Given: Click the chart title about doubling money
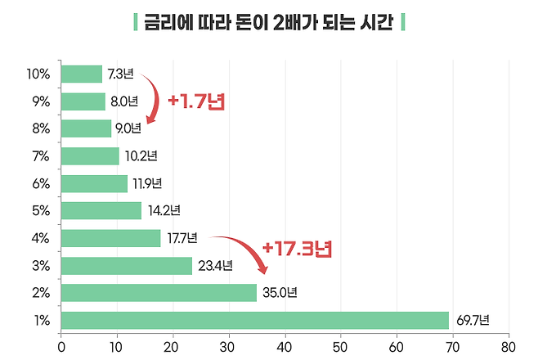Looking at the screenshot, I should pos(269,22).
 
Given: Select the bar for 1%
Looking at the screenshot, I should pos(255,320).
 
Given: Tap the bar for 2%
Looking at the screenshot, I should pos(159,293).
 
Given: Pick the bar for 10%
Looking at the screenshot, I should pos(82,74).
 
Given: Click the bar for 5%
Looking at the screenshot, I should pos(101,211).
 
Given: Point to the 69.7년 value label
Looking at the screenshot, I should pos(473,320).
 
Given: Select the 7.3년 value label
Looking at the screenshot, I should pos(120,74).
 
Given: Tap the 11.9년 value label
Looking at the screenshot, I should pos(148,183).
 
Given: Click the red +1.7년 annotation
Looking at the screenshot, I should pos(195,102).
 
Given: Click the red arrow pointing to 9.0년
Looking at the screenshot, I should pos(152,98).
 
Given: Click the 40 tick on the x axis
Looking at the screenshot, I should pos(285,344).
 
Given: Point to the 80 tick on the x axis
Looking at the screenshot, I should pos(509,344).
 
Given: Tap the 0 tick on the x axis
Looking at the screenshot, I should pos(61,344).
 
